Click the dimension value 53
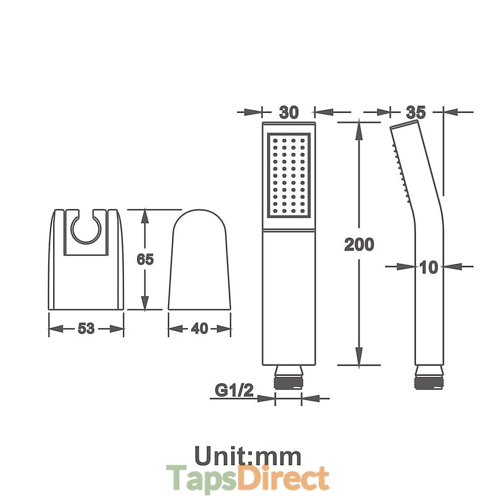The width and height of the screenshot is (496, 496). click(x=86, y=329)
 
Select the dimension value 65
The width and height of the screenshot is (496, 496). click(x=145, y=259)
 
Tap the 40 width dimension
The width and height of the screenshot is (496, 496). click(x=200, y=329)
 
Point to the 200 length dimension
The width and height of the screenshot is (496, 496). click(x=359, y=244)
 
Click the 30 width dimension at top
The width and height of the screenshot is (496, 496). click(x=289, y=112)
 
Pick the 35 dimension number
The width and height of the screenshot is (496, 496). click(x=416, y=112)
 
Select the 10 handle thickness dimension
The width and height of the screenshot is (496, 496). click(x=429, y=268)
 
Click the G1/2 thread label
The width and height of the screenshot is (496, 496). click(x=234, y=391)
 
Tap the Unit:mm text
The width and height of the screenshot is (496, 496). click(x=247, y=456)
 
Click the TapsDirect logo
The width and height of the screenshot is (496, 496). click(x=248, y=478)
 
